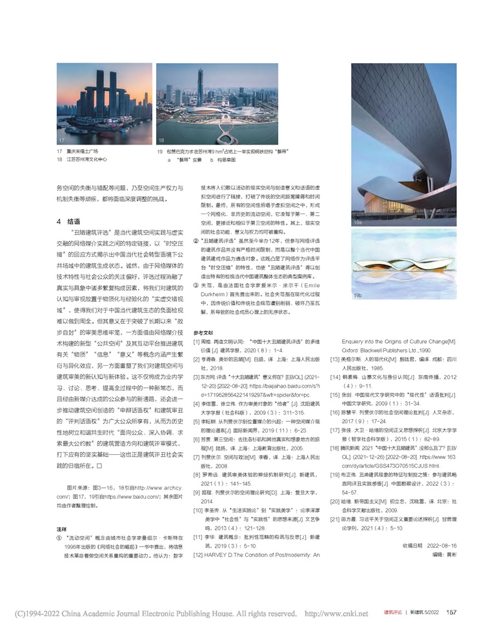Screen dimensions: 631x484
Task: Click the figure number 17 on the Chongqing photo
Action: pyautogui.click(x=61, y=140)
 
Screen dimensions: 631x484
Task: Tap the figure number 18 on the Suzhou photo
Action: pyautogui.click(x=162, y=140)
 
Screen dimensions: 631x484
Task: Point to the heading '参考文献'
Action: pyautogui.click(x=203, y=332)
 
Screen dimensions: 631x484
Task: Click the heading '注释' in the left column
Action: pyautogui.click(x=61, y=528)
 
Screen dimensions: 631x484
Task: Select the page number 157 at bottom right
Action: pyautogui.click(x=452, y=612)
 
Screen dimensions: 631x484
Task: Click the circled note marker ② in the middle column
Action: pyautogui.click(x=197, y=239)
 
